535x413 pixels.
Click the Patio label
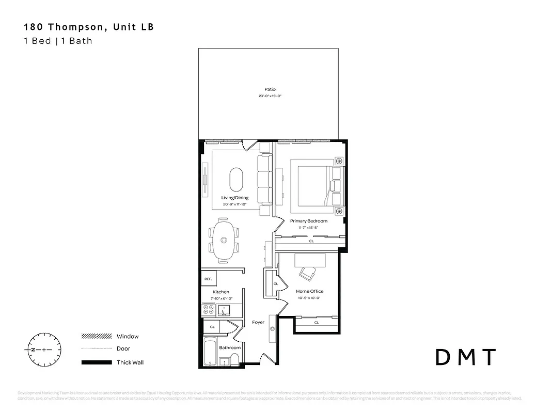(270, 89)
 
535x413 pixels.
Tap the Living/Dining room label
(235, 198)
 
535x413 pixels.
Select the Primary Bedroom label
(312, 221)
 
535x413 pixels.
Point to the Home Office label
(310, 291)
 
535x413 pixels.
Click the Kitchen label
(221, 292)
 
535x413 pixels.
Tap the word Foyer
(258, 322)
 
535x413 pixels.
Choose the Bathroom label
(230, 347)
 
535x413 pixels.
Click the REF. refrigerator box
(209, 279)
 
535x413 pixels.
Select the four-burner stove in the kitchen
(209, 310)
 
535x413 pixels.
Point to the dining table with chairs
(224, 240)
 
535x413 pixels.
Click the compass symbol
(44, 350)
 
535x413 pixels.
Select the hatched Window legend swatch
(97, 337)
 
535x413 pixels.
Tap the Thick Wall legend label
(130, 362)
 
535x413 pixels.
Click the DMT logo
(466, 357)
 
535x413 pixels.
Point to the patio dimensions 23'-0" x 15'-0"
(270, 97)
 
